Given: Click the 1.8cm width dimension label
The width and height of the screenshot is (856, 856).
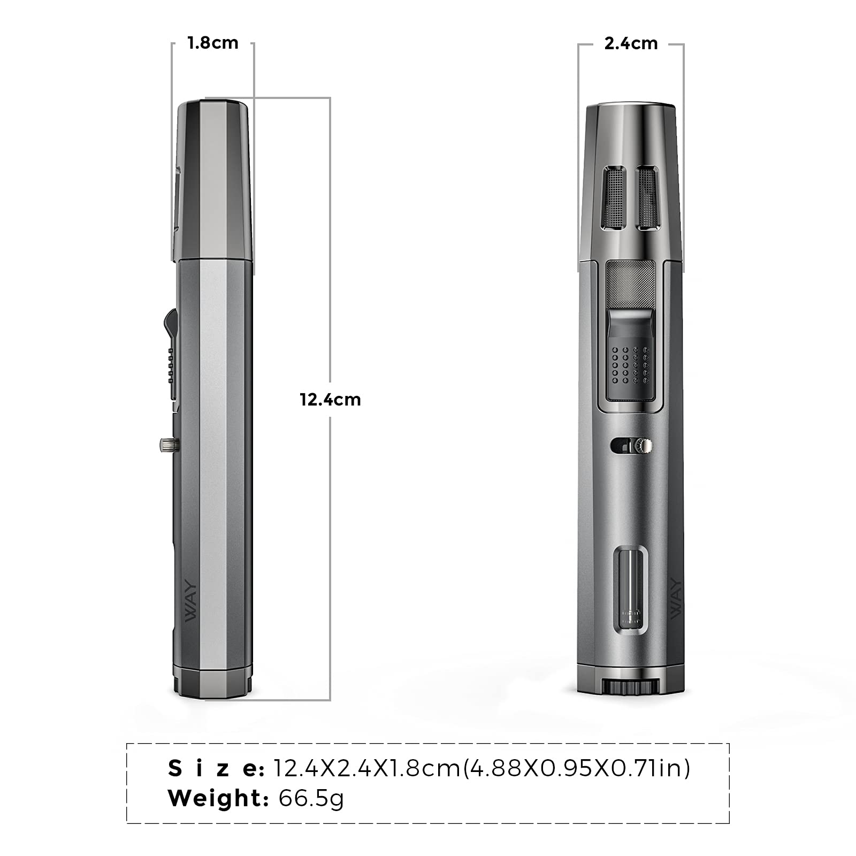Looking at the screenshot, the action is [x=213, y=43].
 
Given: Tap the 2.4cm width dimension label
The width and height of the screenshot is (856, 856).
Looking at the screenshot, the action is [x=631, y=43].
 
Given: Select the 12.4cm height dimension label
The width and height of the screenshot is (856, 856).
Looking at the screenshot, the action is [x=330, y=400].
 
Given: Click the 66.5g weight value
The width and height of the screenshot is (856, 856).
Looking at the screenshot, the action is [x=311, y=799].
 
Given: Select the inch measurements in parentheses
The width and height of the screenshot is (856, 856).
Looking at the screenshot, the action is [x=576, y=768].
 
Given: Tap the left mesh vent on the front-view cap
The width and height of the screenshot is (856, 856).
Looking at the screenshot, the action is [x=614, y=198].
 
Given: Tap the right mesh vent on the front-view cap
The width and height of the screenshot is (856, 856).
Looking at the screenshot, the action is [x=647, y=198].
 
